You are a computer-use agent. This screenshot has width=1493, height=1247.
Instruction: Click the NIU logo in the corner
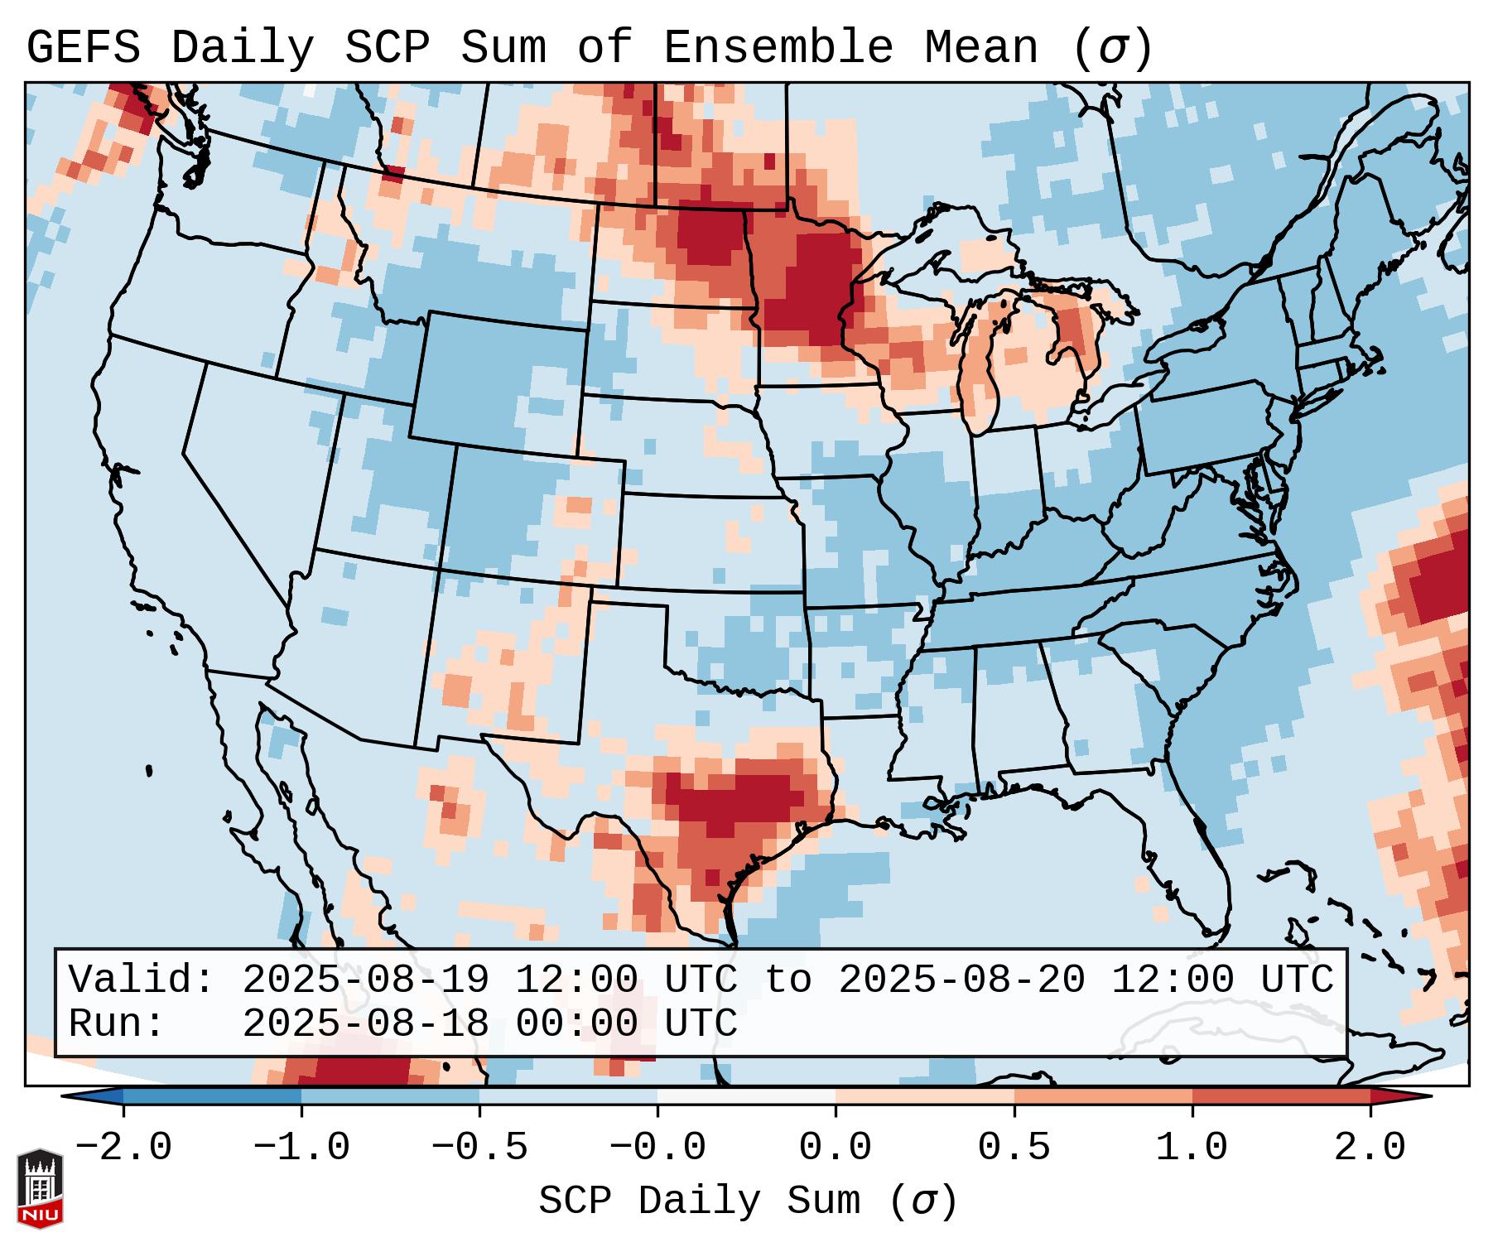point(40,1187)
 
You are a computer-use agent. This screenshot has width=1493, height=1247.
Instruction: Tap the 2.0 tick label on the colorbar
point(1370,1147)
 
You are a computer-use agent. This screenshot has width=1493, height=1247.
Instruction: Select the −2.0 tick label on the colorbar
point(123,1147)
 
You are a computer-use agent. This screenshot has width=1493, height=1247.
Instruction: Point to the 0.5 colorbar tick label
point(1014,1147)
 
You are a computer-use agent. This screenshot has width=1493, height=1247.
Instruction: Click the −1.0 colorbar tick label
point(301,1147)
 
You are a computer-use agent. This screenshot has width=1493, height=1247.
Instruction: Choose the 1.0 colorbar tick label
point(1192,1147)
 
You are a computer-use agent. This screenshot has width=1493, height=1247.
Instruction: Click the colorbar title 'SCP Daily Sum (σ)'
point(747,1200)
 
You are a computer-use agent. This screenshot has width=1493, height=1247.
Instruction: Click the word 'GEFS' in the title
point(83,47)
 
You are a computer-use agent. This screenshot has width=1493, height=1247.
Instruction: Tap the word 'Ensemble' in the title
point(778,47)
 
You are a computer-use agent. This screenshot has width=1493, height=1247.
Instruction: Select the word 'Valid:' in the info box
point(142,980)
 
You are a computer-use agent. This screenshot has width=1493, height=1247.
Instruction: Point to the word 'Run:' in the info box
point(117,1023)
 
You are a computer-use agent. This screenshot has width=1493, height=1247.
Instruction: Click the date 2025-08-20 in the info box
point(961,980)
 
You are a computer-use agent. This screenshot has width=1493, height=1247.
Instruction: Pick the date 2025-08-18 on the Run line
point(365,1023)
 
